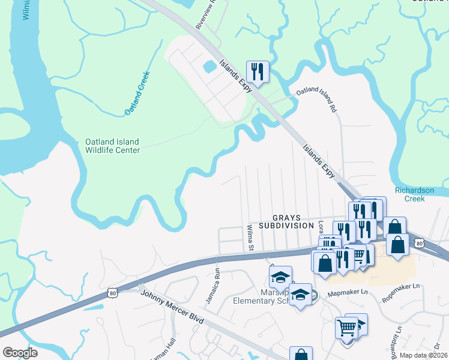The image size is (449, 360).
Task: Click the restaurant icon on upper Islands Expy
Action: click(258, 71)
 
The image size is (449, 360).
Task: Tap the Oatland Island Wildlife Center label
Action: click(112, 146)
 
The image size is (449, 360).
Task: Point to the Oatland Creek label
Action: click(136, 94)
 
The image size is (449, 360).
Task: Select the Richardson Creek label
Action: click(414, 194)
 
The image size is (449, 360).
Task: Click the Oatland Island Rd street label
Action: click(317, 97)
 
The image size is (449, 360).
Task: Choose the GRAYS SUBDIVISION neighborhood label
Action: click(286, 221)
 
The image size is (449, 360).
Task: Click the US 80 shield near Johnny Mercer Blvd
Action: click(113, 292)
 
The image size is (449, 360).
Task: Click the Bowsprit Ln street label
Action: click(394, 338)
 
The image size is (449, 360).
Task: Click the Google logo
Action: click(20, 353)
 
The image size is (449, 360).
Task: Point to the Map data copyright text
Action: click(424, 355)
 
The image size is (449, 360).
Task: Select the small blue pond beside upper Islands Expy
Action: click(209, 66)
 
